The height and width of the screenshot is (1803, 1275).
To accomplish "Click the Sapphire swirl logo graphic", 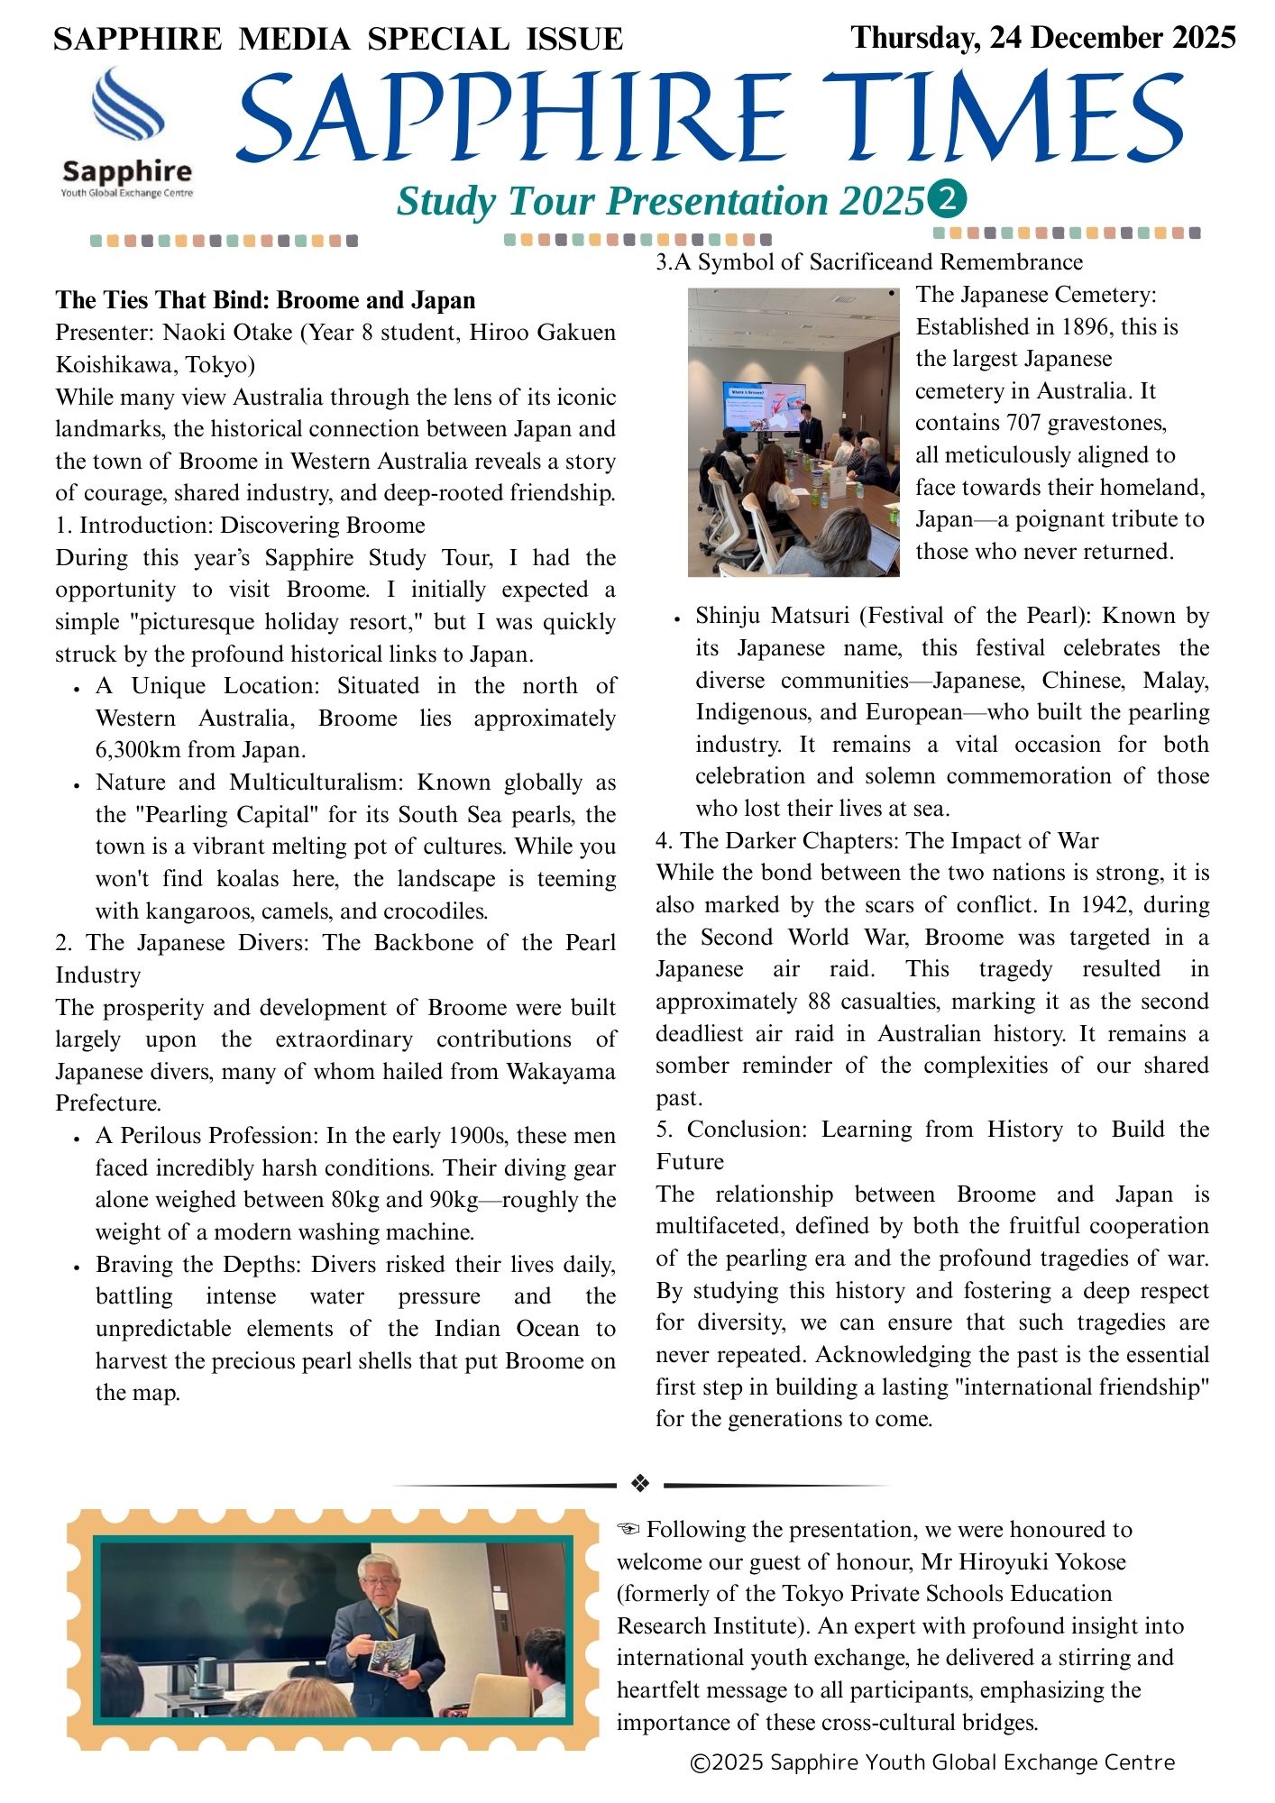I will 127,105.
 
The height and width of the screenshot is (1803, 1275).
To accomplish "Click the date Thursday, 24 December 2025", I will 1042,38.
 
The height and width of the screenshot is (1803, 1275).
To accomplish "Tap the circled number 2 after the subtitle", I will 947,200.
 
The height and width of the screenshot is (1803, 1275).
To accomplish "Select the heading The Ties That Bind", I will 265,300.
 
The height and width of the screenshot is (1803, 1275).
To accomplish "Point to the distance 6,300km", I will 140,750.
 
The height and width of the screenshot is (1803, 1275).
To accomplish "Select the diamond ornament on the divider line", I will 640,1483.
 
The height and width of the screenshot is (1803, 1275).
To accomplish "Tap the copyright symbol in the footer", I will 700,1762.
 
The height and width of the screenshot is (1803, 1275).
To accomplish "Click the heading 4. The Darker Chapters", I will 876,841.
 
